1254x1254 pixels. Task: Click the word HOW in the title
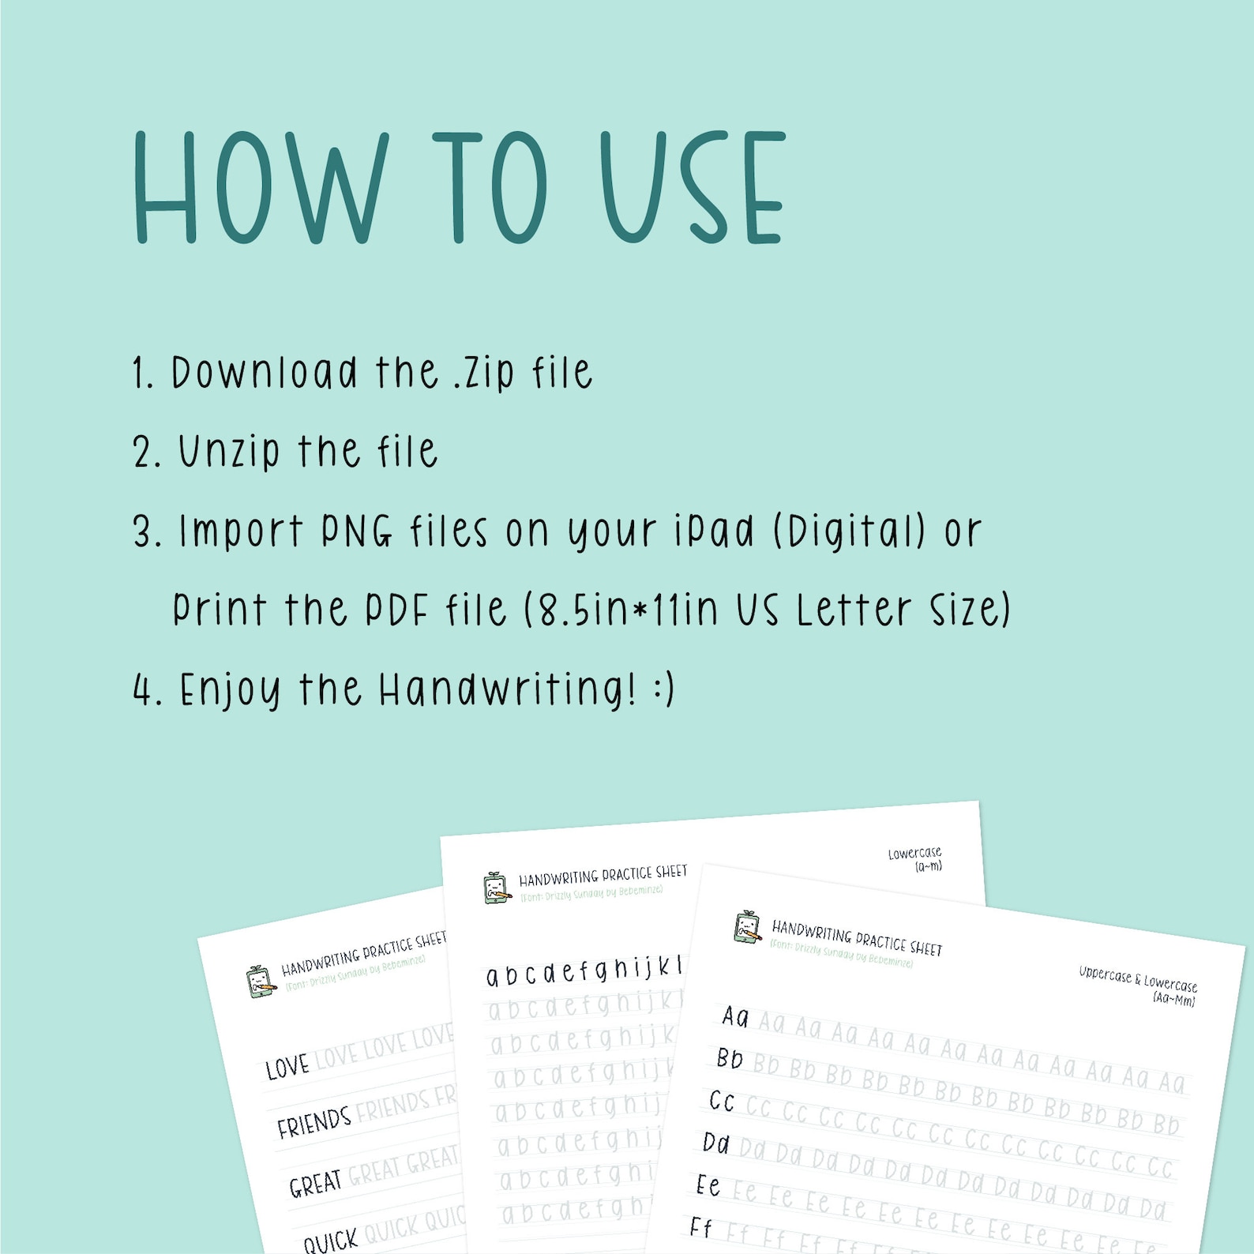(261, 188)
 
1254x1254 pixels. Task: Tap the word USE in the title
(692, 188)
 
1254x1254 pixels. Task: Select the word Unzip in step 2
(228, 452)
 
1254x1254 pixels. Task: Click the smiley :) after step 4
(664, 690)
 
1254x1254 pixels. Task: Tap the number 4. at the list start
(148, 690)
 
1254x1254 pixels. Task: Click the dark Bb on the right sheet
(730, 1058)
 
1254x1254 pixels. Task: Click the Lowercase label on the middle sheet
(914, 854)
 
